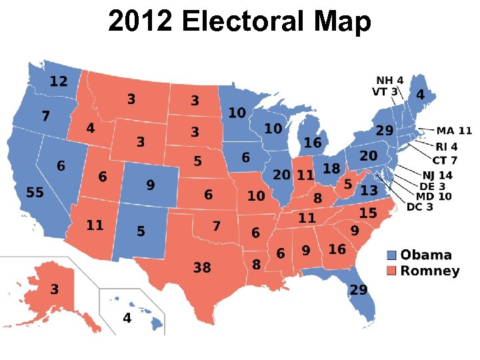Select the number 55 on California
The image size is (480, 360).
tap(35, 193)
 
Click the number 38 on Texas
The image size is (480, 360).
tap(202, 267)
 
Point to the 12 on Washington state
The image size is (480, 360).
tap(59, 81)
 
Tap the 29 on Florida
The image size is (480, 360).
tap(359, 290)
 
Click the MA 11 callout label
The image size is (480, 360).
tap(454, 131)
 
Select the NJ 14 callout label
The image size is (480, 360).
tap(437, 175)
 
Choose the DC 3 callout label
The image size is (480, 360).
tap(420, 207)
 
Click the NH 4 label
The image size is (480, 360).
tap(390, 81)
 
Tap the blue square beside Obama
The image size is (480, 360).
tap(392, 255)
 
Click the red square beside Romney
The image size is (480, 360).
tap(392, 271)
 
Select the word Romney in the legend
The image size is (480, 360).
tap(430, 271)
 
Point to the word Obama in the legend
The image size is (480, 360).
tap(426, 255)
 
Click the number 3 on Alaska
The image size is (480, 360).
tap(54, 289)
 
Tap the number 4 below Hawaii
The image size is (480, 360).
tap(127, 318)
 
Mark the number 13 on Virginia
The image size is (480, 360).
tap(369, 190)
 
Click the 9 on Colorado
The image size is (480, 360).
tap(150, 185)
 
